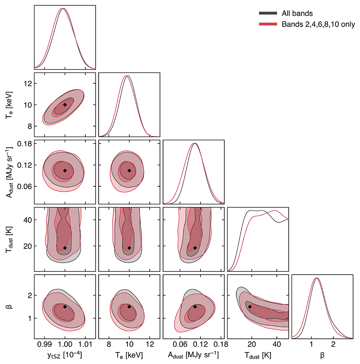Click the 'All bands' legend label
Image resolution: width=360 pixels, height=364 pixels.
[x=297, y=13]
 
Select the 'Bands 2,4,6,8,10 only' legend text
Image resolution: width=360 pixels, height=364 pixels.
[x=318, y=25]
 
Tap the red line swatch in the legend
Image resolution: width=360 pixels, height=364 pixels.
[x=268, y=24]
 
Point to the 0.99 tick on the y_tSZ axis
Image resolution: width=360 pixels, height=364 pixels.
[x=44, y=344]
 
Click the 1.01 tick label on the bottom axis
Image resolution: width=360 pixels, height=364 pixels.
[x=85, y=344]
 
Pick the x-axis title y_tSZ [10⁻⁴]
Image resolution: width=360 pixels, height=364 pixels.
[x=65, y=355]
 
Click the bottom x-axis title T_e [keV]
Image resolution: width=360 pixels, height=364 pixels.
[x=129, y=355]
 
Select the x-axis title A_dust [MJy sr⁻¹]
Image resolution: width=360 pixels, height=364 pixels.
[x=193, y=355]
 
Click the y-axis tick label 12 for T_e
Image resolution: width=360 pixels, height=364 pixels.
[x=28, y=83]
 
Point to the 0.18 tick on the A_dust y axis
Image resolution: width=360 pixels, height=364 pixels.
[x=24, y=144]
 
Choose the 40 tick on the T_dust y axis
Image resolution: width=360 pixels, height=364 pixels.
[x=28, y=220]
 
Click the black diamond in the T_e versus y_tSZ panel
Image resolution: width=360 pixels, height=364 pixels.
[x=65, y=105]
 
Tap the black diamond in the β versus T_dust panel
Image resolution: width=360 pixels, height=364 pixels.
[x=250, y=307]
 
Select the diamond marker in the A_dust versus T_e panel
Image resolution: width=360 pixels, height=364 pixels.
[x=129, y=170]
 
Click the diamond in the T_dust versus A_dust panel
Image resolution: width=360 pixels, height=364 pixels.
[x=195, y=248]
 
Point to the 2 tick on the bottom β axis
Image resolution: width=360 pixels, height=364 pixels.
[x=333, y=344]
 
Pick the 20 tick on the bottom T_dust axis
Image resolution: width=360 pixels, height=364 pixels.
[x=252, y=344]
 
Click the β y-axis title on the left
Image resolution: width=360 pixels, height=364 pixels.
[x=10, y=307]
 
